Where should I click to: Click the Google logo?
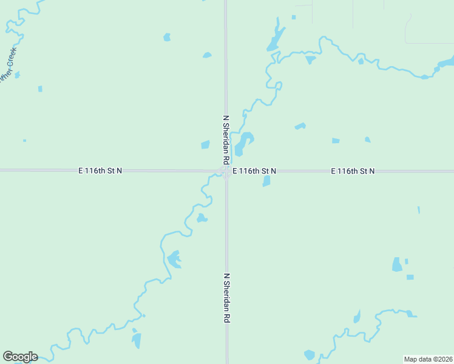pos(20,357)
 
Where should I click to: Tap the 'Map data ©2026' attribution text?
pos(429,359)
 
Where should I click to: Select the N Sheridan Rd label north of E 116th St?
pos(226,140)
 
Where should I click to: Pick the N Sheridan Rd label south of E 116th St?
pos(226,297)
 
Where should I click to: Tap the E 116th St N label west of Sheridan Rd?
pos(100,171)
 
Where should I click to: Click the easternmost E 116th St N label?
pos(353,172)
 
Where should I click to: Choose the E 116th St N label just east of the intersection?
pos(254,172)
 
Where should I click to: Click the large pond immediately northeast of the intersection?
pos(243,143)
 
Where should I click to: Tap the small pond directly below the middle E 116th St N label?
pos(266,181)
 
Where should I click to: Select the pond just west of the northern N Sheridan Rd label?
pos(205,144)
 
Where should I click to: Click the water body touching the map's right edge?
pos(447,63)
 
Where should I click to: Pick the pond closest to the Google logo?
pos(136,340)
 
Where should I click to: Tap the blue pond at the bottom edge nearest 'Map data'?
pos(310,355)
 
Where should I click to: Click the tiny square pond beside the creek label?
pos(17,75)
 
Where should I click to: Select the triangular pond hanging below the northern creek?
pos(310,59)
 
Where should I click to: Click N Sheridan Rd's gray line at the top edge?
pos(226,3)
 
